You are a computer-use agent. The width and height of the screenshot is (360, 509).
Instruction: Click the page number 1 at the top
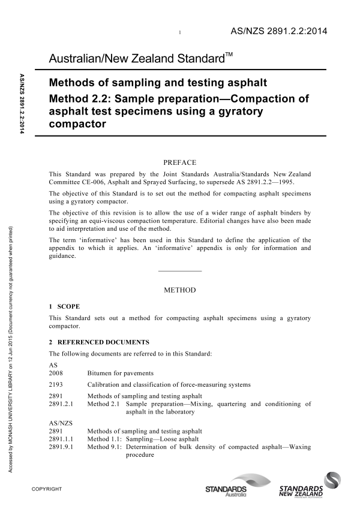181,32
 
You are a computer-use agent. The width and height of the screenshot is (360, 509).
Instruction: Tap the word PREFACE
180,162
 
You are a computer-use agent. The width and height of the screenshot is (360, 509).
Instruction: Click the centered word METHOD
180,290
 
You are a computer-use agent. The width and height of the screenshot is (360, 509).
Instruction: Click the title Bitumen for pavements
120,373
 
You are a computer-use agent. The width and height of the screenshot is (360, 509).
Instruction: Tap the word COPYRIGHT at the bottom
48,489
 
